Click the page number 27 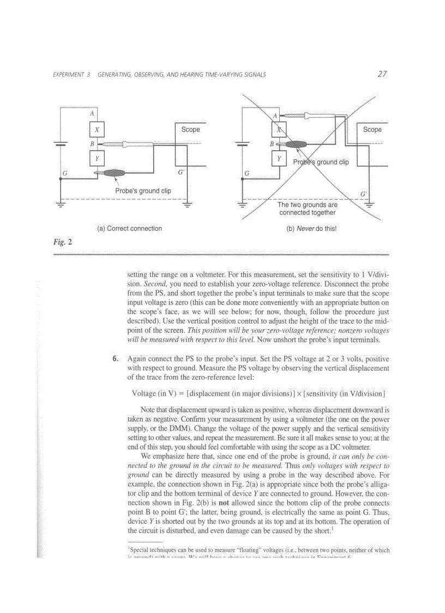[x=382, y=74]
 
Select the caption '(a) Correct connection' [x=129, y=229]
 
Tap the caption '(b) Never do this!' [x=311, y=229]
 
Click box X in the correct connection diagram [x=97, y=130]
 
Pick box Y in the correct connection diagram [x=97, y=159]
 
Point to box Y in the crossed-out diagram [x=279, y=159]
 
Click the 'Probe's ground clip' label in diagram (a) [x=143, y=191]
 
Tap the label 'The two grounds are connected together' [x=308, y=209]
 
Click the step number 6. [x=115, y=359]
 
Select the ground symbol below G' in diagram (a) [x=188, y=205]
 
